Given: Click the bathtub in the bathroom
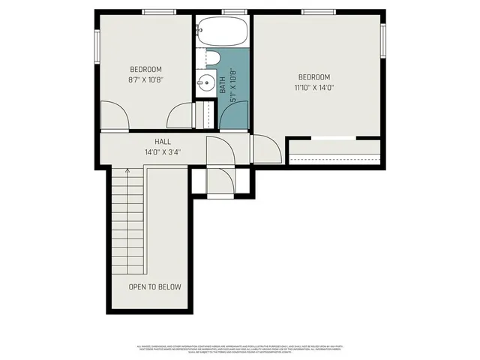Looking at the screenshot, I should tap(222, 32).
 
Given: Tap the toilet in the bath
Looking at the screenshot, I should tap(211, 58).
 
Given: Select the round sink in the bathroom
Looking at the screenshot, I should tap(205, 82).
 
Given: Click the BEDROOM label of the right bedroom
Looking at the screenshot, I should tap(313, 77).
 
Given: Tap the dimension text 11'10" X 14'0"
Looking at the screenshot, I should tap(313, 88).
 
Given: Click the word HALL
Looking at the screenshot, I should tap(163, 141).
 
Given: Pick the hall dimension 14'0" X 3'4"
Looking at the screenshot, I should tap(163, 151).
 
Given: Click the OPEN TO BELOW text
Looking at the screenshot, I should tap(154, 286).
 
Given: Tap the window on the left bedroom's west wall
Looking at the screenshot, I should tap(97, 45).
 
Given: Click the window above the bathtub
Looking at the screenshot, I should tap(235, 12).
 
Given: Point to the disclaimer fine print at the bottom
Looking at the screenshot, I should tap(240, 349).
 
